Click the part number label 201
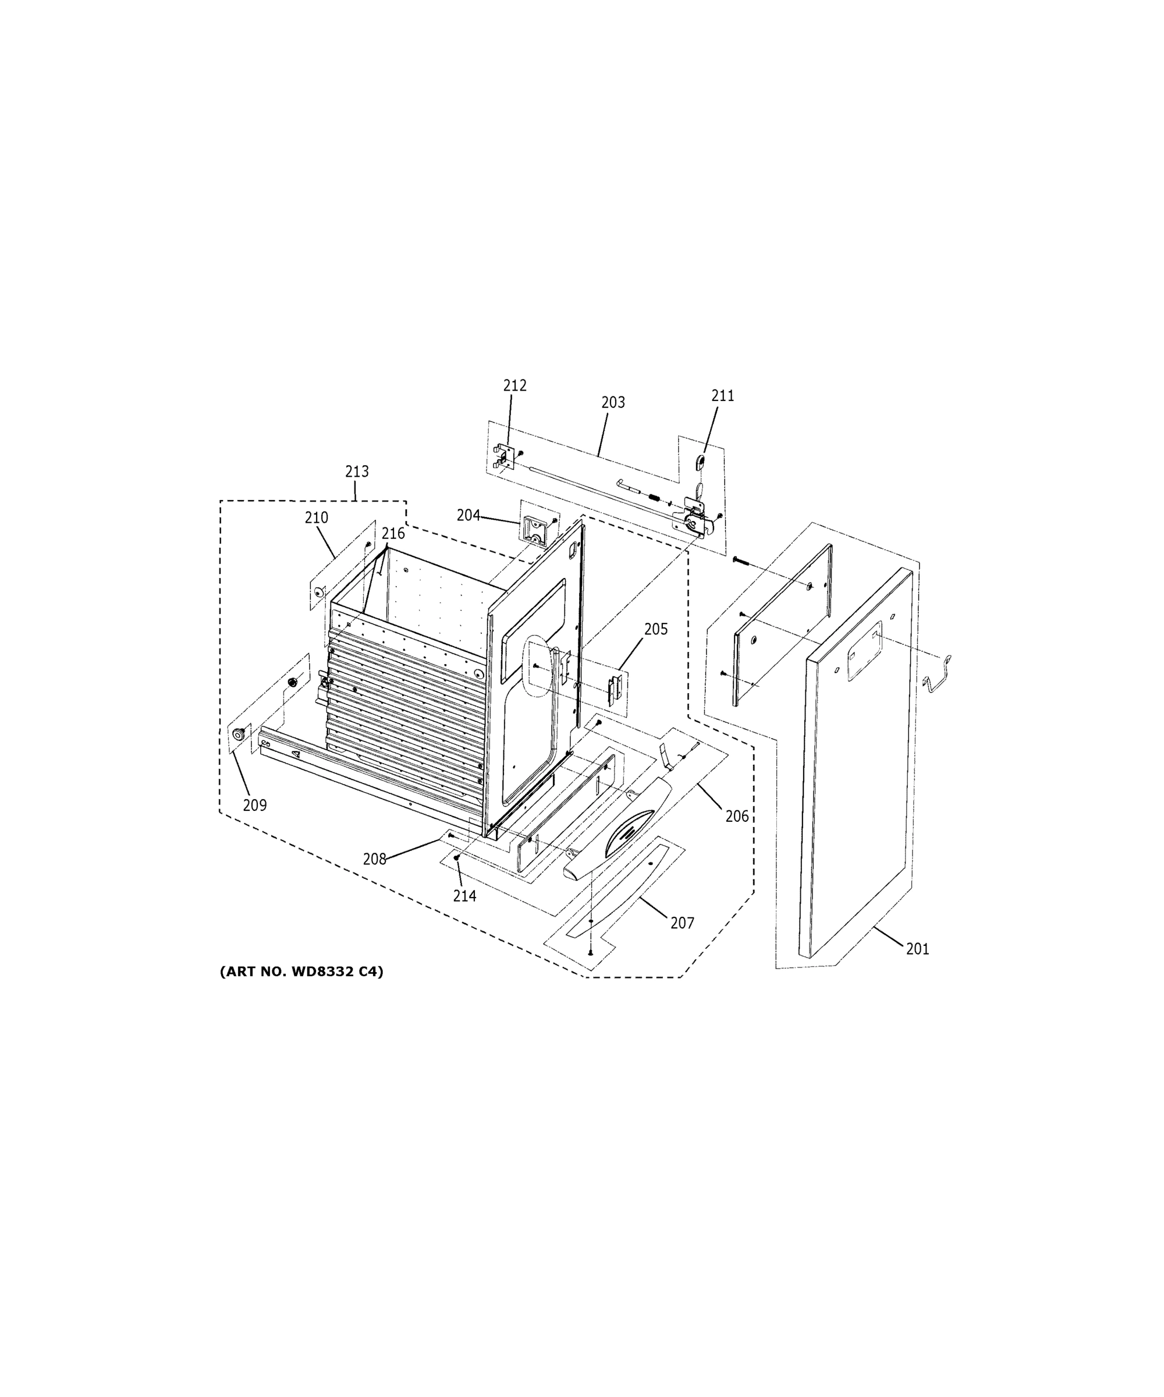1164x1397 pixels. (x=917, y=949)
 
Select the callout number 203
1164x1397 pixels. (x=613, y=402)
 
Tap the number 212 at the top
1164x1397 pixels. (x=514, y=385)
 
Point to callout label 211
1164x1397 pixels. (x=722, y=396)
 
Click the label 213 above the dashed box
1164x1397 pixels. (x=357, y=471)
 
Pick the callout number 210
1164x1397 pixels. (x=317, y=517)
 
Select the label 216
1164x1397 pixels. (x=392, y=534)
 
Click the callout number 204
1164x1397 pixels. (x=469, y=515)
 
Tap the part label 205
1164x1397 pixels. (x=655, y=629)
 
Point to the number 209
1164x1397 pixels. (x=255, y=806)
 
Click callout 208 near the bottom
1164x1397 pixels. (x=374, y=860)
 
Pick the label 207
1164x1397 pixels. (x=682, y=923)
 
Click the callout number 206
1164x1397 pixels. (x=736, y=816)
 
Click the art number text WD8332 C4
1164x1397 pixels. (x=301, y=972)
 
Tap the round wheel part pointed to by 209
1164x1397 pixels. (x=237, y=734)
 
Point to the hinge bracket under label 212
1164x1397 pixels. (x=503, y=456)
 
